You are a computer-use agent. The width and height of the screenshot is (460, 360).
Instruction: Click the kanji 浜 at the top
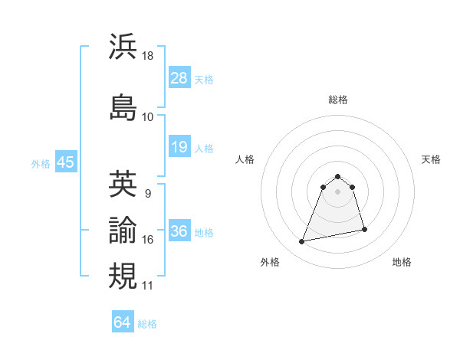click(x=123, y=47)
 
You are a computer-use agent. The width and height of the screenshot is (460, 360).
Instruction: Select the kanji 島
click(x=123, y=106)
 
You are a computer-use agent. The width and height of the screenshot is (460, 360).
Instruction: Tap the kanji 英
click(x=123, y=184)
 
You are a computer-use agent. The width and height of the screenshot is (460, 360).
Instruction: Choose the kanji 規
click(x=123, y=275)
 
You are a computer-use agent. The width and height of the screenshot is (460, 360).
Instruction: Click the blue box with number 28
click(x=179, y=77)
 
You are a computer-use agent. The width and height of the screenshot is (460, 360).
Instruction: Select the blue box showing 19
click(x=179, y=147)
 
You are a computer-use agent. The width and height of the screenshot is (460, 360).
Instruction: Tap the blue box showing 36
click(x=179, y=231)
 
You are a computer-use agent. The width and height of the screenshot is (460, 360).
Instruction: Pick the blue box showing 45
click(x=65, y=162)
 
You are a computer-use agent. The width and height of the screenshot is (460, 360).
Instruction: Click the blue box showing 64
click(x=123, y=322)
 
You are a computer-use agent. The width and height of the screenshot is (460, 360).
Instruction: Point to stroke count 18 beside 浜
click(x=148, y=56)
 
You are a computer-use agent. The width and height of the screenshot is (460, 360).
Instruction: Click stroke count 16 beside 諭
click(x=148, y=240)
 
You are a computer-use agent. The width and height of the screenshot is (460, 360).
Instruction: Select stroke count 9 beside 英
click(x=147, y=193)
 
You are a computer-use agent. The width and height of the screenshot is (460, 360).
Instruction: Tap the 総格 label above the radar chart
click(x=337, y=100)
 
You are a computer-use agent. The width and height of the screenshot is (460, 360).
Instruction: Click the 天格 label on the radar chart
click(x=431, y=159)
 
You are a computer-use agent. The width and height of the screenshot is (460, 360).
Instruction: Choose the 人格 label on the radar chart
click(x=245, y=159)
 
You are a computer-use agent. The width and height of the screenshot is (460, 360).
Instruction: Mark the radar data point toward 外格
click(x=302, y=242)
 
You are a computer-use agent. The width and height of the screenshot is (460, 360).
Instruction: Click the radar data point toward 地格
click(x=364, y=229)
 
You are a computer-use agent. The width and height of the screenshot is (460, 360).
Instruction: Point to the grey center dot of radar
click(x=337, y=191)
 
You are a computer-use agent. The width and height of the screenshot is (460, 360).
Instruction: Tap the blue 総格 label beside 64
click(x=147, y=324)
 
